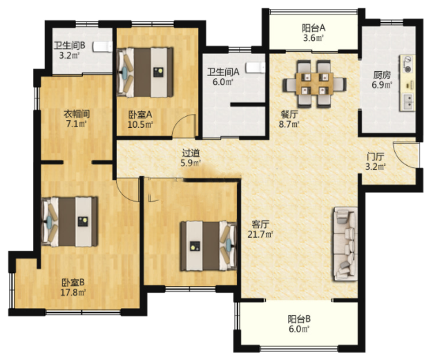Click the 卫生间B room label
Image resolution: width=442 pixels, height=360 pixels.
tap(70, 46)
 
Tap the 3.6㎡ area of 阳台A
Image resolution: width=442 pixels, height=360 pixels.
tap(313, 38)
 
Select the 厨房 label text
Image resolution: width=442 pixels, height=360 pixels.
tap(382, 75)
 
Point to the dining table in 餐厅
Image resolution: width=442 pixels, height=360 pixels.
tap(315, 84)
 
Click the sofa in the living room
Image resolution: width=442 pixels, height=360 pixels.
tap(345, 244)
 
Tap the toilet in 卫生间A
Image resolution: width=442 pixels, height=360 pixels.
tap(256, 68)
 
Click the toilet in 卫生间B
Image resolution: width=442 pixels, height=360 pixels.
tap(103, 46)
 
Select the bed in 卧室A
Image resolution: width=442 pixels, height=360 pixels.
tap(145, 73)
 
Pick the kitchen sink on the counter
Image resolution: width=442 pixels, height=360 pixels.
tap(407, 102)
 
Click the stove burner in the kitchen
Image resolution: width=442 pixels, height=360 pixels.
tap(407, 64)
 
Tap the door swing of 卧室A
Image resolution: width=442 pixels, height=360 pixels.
tap(184, 126)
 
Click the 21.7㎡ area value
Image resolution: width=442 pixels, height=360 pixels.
tap(260, 234)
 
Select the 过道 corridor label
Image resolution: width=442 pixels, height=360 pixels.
tap(191, 153)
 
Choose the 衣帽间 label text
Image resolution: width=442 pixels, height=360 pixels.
tap(77, 114)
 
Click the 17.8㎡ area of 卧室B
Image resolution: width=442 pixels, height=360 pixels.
tap(73, 292)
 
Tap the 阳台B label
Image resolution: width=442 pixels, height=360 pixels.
tap(299, 319)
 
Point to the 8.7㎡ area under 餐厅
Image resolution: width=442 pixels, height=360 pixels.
tap(289, 124)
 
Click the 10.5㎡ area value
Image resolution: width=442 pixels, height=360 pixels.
tap(140, 124)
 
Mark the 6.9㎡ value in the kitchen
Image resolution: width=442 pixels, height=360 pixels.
tap(382, 84)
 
